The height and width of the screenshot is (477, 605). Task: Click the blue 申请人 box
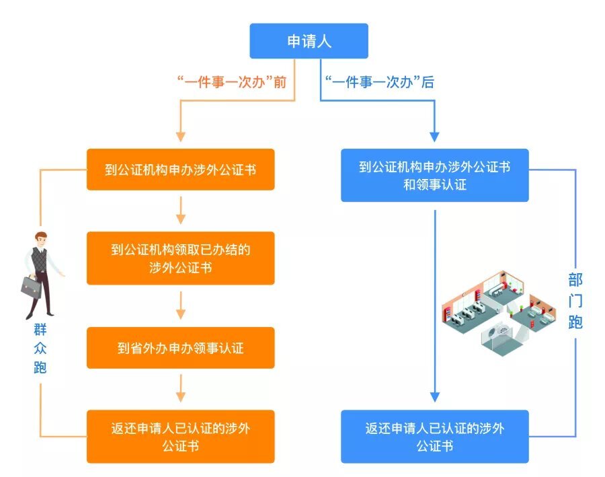[309, 41]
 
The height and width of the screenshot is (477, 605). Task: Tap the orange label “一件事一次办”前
[231, 83]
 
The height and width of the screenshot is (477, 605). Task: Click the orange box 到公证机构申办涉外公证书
[180, 170]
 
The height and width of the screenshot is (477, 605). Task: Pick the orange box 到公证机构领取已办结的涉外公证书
[180, 258]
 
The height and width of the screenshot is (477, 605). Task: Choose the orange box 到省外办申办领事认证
[180, 348]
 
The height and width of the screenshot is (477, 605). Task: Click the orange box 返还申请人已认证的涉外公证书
[180, 437]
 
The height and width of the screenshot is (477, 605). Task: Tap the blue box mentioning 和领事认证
[434, 176]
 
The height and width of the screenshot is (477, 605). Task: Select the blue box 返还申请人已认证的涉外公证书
[434, 437]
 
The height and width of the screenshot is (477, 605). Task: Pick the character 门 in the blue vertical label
[575, 301]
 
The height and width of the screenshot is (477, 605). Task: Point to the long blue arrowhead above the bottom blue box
[435, 396]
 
